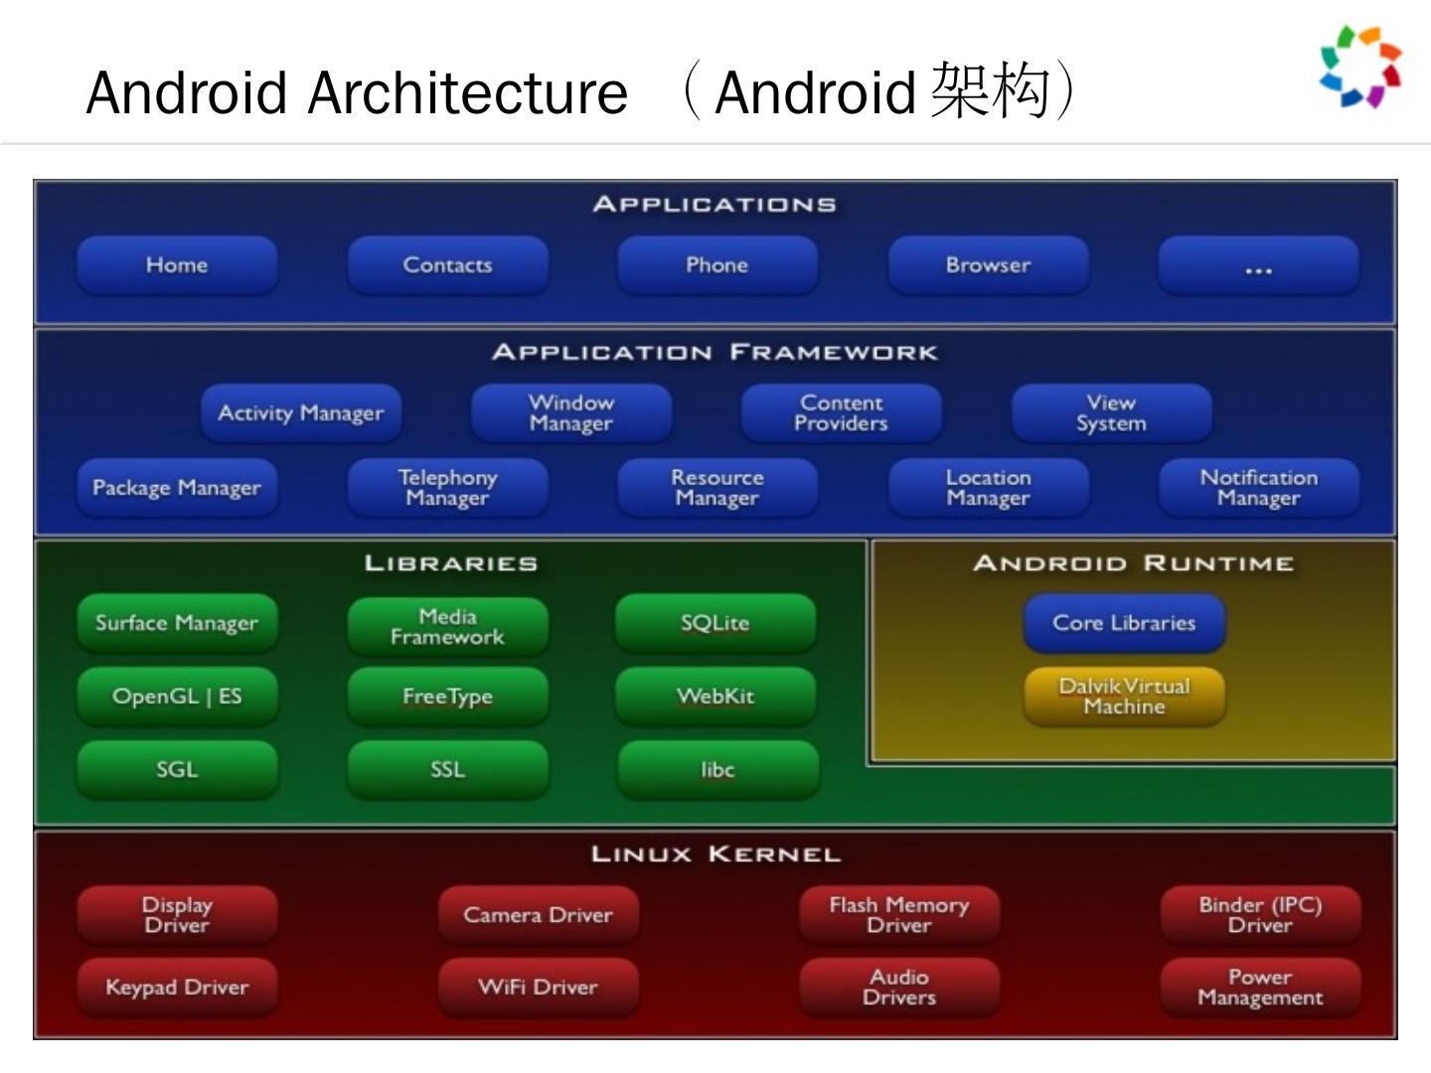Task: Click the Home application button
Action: (x=177, y=265)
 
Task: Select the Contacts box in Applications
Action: (x=447, y=265)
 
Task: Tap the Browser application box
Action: (x=988, y=265)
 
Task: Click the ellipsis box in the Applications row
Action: (x=1258, y=265)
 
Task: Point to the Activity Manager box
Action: (x=301, y=413)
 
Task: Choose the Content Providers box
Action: (x=841, y=413)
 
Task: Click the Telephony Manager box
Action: (x=447, y=488)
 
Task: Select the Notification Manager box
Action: (x=1258, y=488)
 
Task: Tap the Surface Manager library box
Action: (x=177, y=623)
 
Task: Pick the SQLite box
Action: (x=715, y=623)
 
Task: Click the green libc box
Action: (x=717, y=770)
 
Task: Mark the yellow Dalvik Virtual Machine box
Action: (x=1124, y=696)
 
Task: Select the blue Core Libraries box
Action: (x=1124, y=623)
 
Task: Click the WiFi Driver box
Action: (x=538, y=988)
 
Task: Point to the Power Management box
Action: (x=1260, y=988)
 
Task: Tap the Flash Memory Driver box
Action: (x=899, y=915)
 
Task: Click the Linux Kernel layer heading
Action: (x=715, y=854)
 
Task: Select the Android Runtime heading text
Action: (x=1133, y=563)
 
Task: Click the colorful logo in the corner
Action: (x=1360, y=67)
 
